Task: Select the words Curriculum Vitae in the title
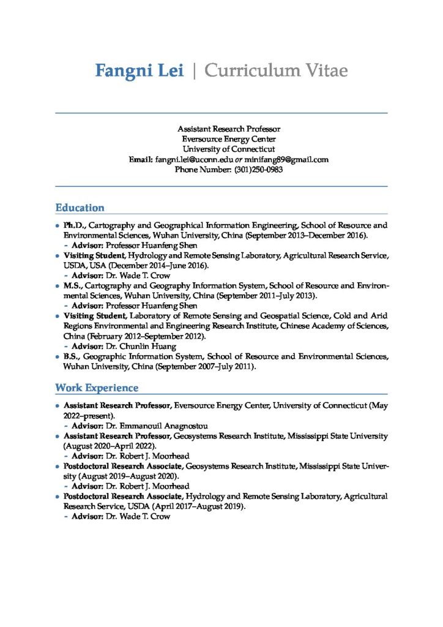[x=276, y=71]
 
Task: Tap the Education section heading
[x=80, y=208]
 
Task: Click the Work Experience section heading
[x=97, y=388]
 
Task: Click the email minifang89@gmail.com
[x=287, y=159]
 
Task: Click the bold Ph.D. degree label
[x=75, y=225]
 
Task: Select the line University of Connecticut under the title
[x=228, y=149]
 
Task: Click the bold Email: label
[x=141, y=159]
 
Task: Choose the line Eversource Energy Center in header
[x=228, y=139]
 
